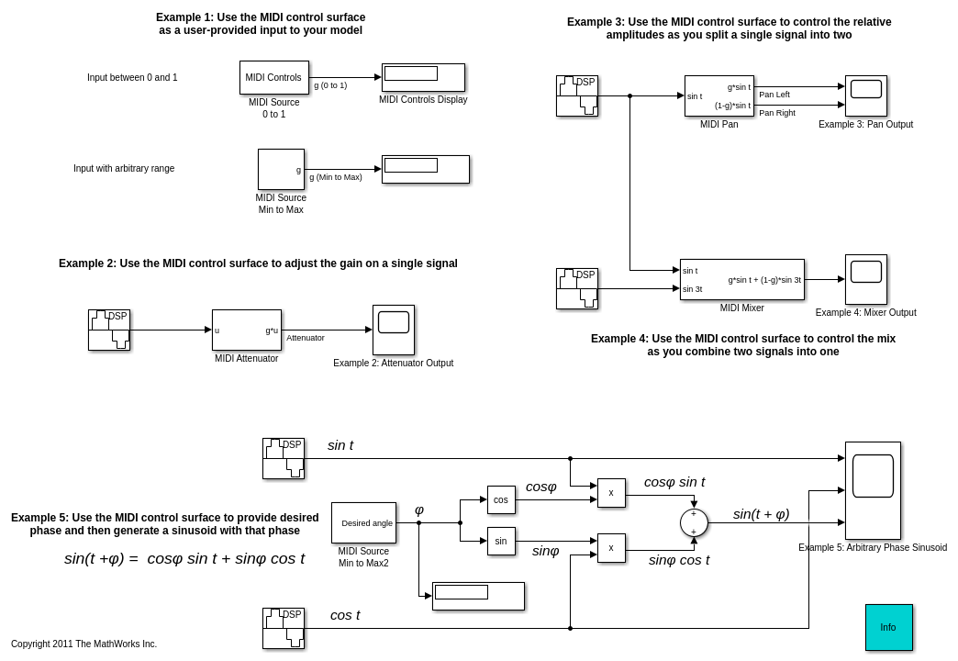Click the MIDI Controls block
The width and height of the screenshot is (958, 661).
[273, 77]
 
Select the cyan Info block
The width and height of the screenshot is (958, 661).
[888, 627]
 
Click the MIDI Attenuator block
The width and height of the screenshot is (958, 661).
[246, 330]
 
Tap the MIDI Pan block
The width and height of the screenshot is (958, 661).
[718, 95]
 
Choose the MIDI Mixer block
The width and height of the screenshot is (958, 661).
[741, 279]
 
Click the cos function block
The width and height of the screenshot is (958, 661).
[501, 499]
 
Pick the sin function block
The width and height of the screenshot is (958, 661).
[501, 541]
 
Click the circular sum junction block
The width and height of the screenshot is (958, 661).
[694, 522]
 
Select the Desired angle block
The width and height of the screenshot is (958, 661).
[363, 522]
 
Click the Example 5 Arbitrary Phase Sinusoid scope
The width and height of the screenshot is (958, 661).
[873, 490]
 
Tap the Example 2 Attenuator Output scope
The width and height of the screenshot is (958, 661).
[393, 330]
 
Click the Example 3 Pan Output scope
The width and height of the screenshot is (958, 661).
[865, 95]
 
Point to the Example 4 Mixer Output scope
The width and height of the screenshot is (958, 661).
[865, 279]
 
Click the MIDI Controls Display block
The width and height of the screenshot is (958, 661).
[423, 77]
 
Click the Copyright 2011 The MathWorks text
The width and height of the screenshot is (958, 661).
[84, 644]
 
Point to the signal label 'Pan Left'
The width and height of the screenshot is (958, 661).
[774, 95]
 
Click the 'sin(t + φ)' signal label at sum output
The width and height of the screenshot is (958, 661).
[761, 514]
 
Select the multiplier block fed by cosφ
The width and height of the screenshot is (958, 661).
[611, 493]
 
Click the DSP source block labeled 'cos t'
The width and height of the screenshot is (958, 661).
[283, 628]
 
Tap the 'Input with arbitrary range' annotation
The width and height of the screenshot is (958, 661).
[124, 169]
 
